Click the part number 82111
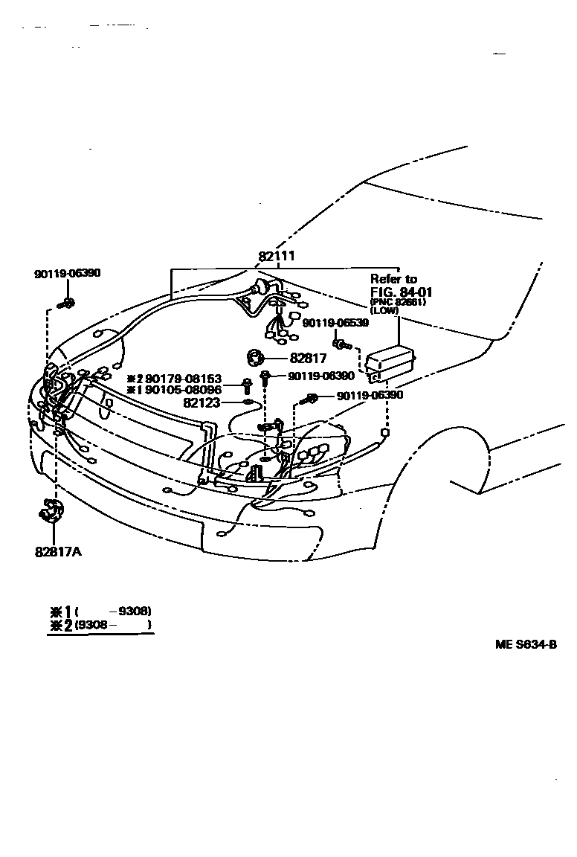point(277,256)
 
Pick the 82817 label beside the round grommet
point(308,358)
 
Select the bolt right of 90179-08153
point(246,385)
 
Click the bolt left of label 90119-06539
point(343,344)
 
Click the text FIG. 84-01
point(401,291)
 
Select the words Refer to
point(394,279)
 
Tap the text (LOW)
point(384,310)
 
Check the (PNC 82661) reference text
point(398,301)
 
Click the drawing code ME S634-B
point(526,644)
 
